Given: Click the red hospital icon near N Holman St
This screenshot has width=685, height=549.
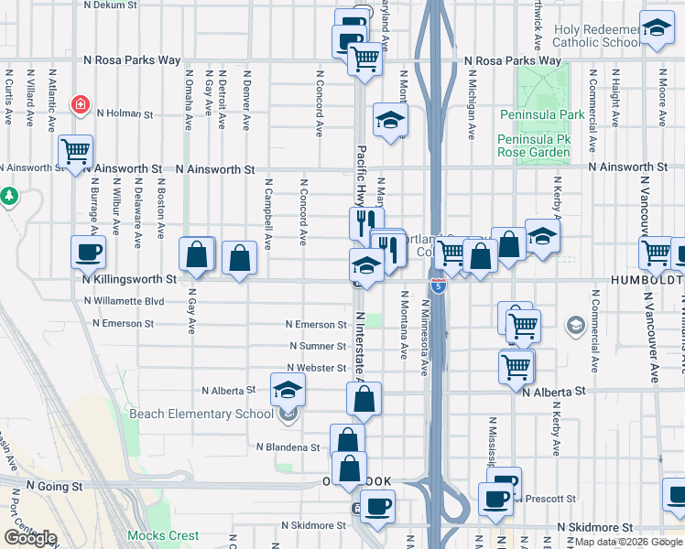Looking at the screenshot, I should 82,104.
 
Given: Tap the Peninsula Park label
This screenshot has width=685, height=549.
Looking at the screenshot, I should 541,115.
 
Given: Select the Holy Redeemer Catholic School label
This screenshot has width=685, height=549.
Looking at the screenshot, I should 597,36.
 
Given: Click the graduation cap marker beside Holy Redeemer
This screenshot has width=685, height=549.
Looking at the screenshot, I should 657,30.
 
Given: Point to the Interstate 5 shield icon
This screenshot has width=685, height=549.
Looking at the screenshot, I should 440,286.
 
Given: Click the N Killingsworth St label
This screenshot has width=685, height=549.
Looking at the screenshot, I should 128,278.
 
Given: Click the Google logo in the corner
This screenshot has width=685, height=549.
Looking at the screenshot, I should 30,538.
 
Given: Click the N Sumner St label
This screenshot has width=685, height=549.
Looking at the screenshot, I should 317,346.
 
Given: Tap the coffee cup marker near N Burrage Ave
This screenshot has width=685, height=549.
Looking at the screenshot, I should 88,253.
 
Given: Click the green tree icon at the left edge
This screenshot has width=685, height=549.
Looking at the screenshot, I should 9,196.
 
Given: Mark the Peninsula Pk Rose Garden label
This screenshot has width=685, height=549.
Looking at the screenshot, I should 534,145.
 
